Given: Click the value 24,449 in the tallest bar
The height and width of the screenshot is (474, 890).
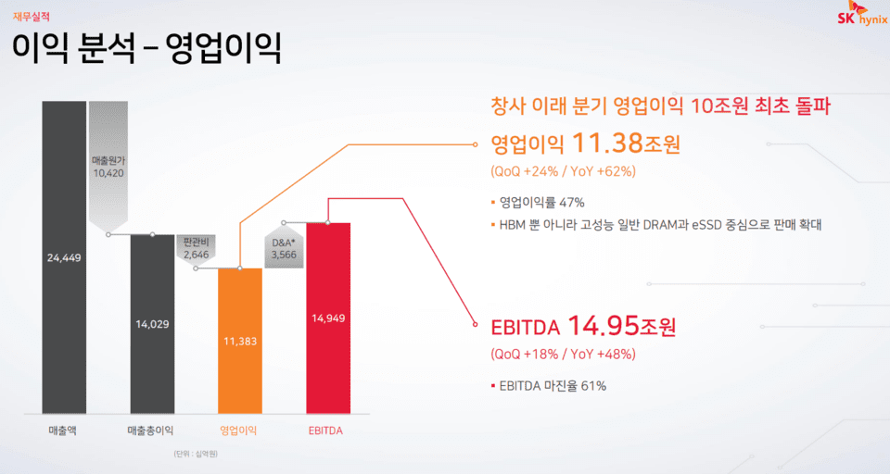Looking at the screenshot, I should [64, 257].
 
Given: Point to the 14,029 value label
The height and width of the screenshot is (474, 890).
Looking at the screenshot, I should [152, 323].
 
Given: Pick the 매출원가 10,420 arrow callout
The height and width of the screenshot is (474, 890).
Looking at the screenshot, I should [108, 167].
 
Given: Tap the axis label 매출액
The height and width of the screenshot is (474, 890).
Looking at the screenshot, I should [63, 430].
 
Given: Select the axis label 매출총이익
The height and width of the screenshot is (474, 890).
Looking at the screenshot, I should [151, 430].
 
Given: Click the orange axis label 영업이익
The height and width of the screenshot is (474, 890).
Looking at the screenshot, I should [239, 430].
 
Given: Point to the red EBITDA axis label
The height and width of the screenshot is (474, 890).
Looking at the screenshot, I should [328, 430].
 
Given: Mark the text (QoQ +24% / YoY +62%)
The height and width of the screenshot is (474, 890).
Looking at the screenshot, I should [563, 172].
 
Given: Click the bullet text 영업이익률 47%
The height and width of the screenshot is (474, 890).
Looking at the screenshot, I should [541, 202].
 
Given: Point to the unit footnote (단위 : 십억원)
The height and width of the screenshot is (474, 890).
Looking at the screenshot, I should [195, 455].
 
